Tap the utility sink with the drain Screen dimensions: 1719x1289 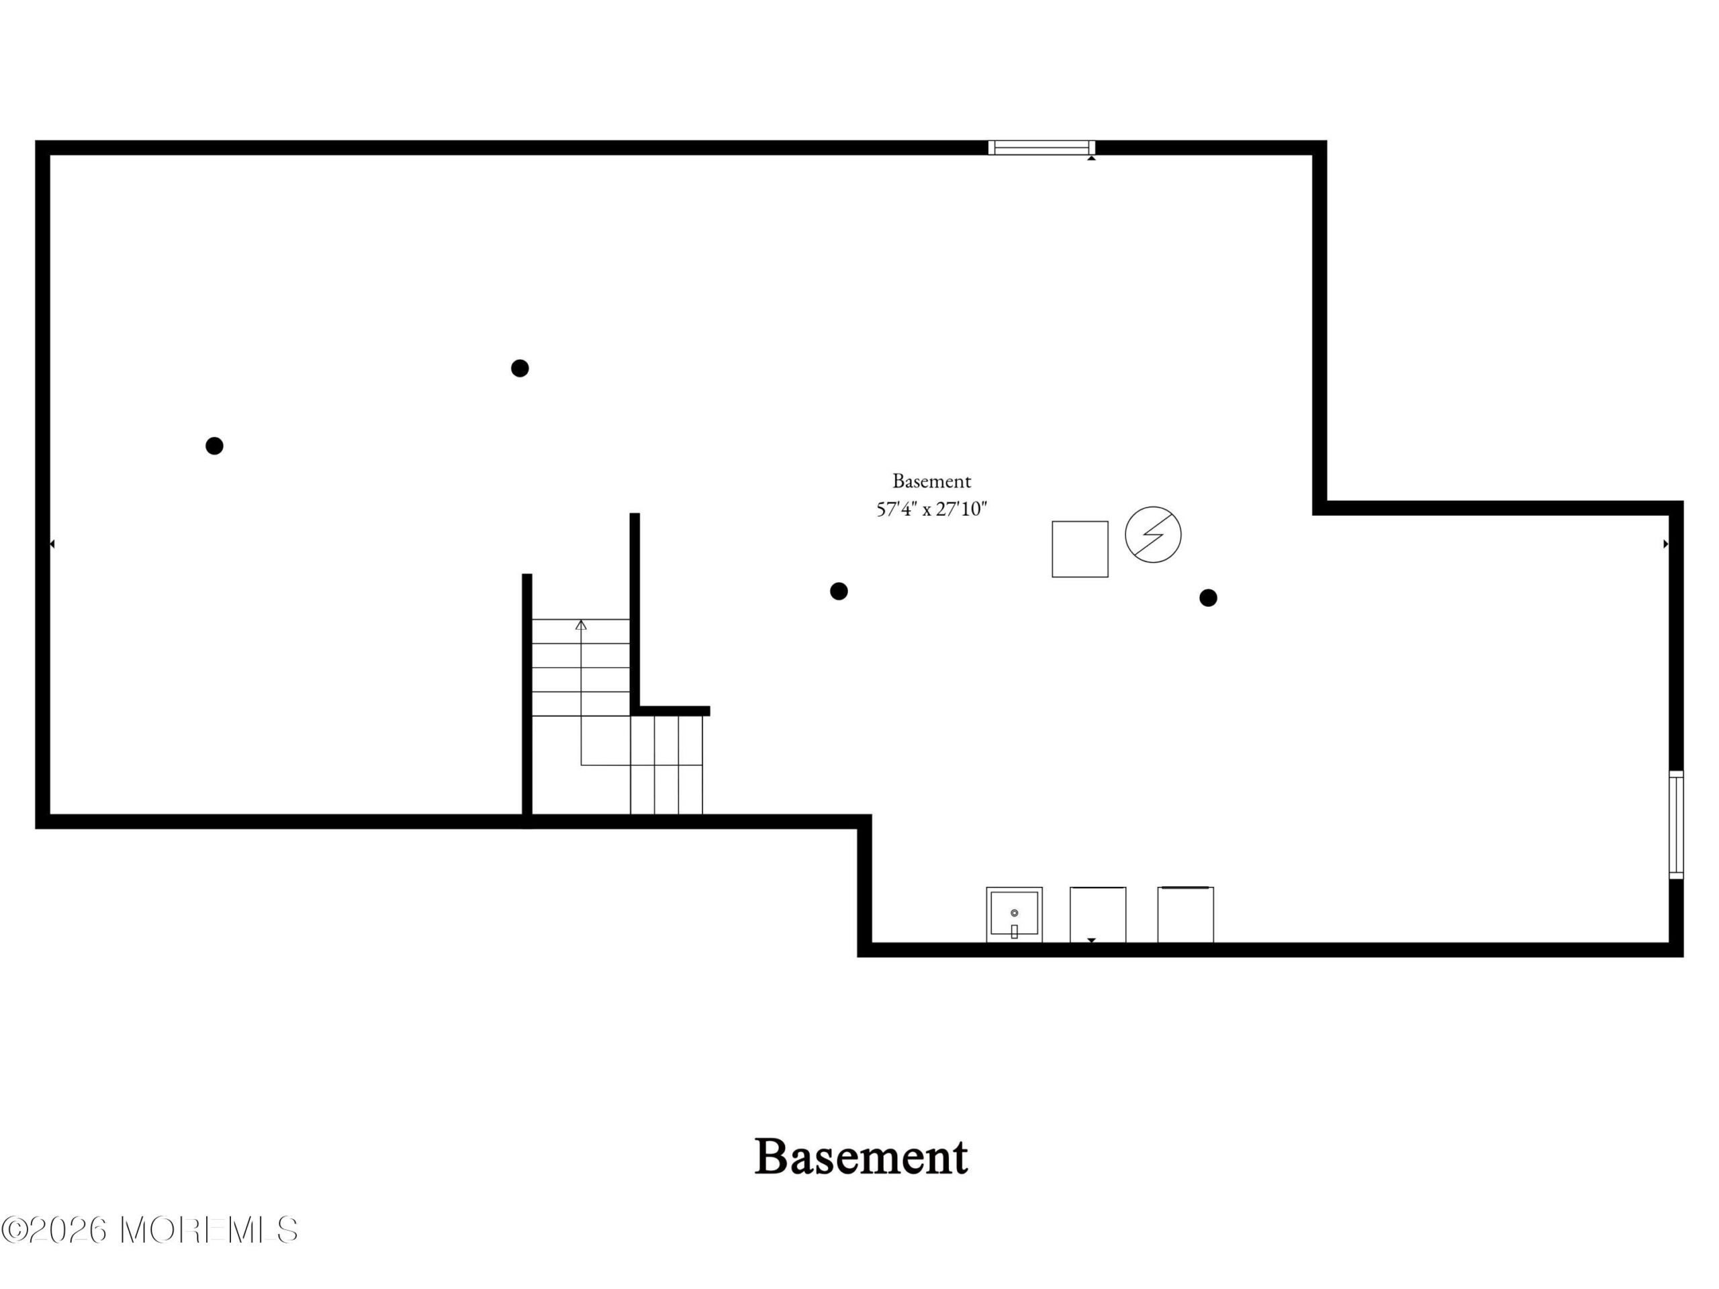(x=1014, y=914)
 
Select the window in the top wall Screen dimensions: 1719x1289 (x=1041, y=148)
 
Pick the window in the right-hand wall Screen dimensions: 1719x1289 (x=1676, y=824)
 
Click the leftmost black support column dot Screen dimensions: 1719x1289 (x=214, y=446)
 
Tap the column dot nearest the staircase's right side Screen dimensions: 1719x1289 (x=839, y=591)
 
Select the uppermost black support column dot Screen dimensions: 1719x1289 (x=520, y=369)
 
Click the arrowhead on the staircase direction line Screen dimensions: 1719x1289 (x=581, y=624)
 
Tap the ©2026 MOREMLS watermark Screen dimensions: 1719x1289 (x=149, y=1229)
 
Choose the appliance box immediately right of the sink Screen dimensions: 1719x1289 (x=1097, y=914)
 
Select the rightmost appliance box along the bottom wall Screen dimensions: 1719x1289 (x=1185, y=914)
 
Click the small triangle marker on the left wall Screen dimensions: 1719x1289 (x=52, y=544)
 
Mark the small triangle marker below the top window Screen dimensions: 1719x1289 (x=1091, y=158)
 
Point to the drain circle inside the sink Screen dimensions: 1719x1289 (x=1014, y=913)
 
